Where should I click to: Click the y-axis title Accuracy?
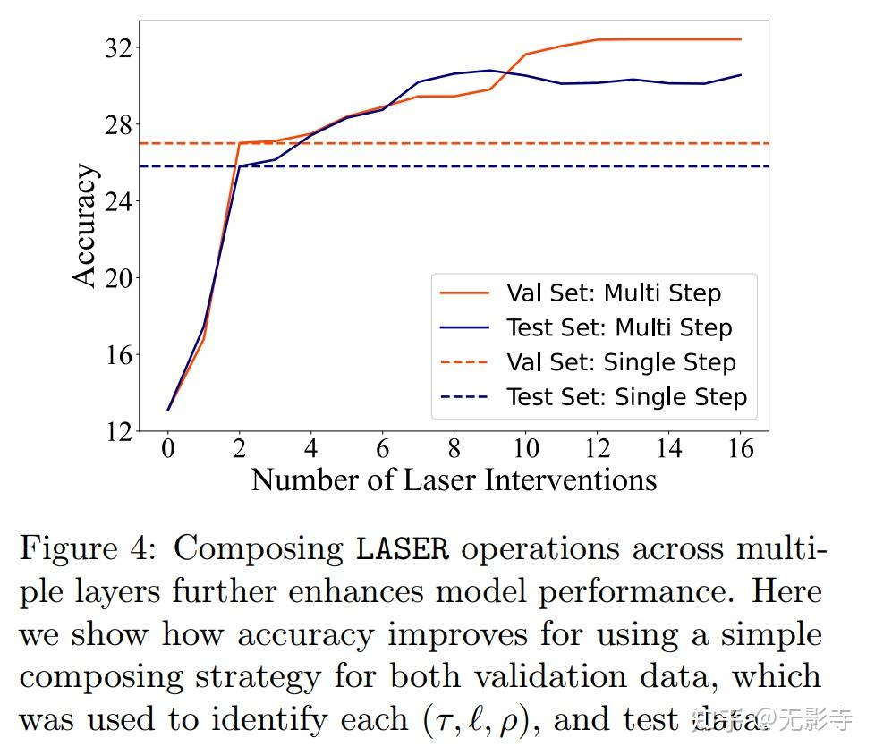85,225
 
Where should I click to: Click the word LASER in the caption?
402,548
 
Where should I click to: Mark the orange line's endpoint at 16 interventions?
741,39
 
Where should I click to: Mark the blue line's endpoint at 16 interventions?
741,75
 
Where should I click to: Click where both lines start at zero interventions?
168,411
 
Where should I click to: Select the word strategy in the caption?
240,677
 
